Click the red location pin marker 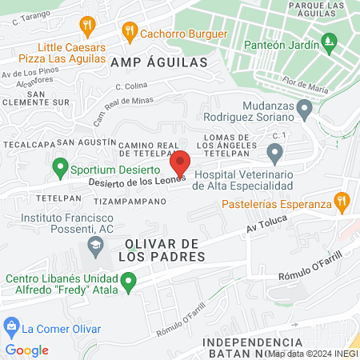(x=180, y=163)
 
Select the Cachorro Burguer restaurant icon (x=128, y=34)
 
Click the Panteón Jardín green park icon (x=326, y=40)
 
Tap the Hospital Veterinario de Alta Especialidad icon (x=274, y=152)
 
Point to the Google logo (x=26, y=350)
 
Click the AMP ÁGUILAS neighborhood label (x=158, y=62)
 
